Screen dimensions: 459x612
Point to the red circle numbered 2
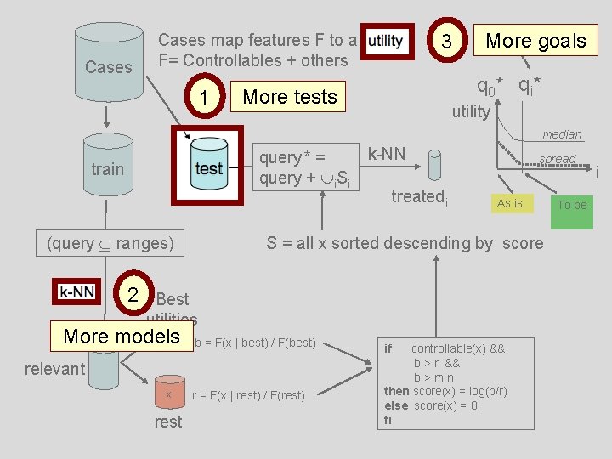[x=133, y=294]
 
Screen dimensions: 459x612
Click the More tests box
[x=290, y=97]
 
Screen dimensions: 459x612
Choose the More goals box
[x=535, y=40]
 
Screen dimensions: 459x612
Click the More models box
[x=122, y=337]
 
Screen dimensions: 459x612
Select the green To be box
[x=572, y=205]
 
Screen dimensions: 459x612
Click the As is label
[x=510, y=203]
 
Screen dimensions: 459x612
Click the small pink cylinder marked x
[x=169, y=393]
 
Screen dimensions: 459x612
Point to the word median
[x=562, y=134]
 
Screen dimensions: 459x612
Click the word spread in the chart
[x=558, y=159]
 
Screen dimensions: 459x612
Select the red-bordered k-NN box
[x=77, y=292]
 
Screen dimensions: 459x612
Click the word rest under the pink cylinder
[x=168, y=422]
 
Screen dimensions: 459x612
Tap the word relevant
[x=54, y=368]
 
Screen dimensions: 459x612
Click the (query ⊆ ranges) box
[x=110, y=244]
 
